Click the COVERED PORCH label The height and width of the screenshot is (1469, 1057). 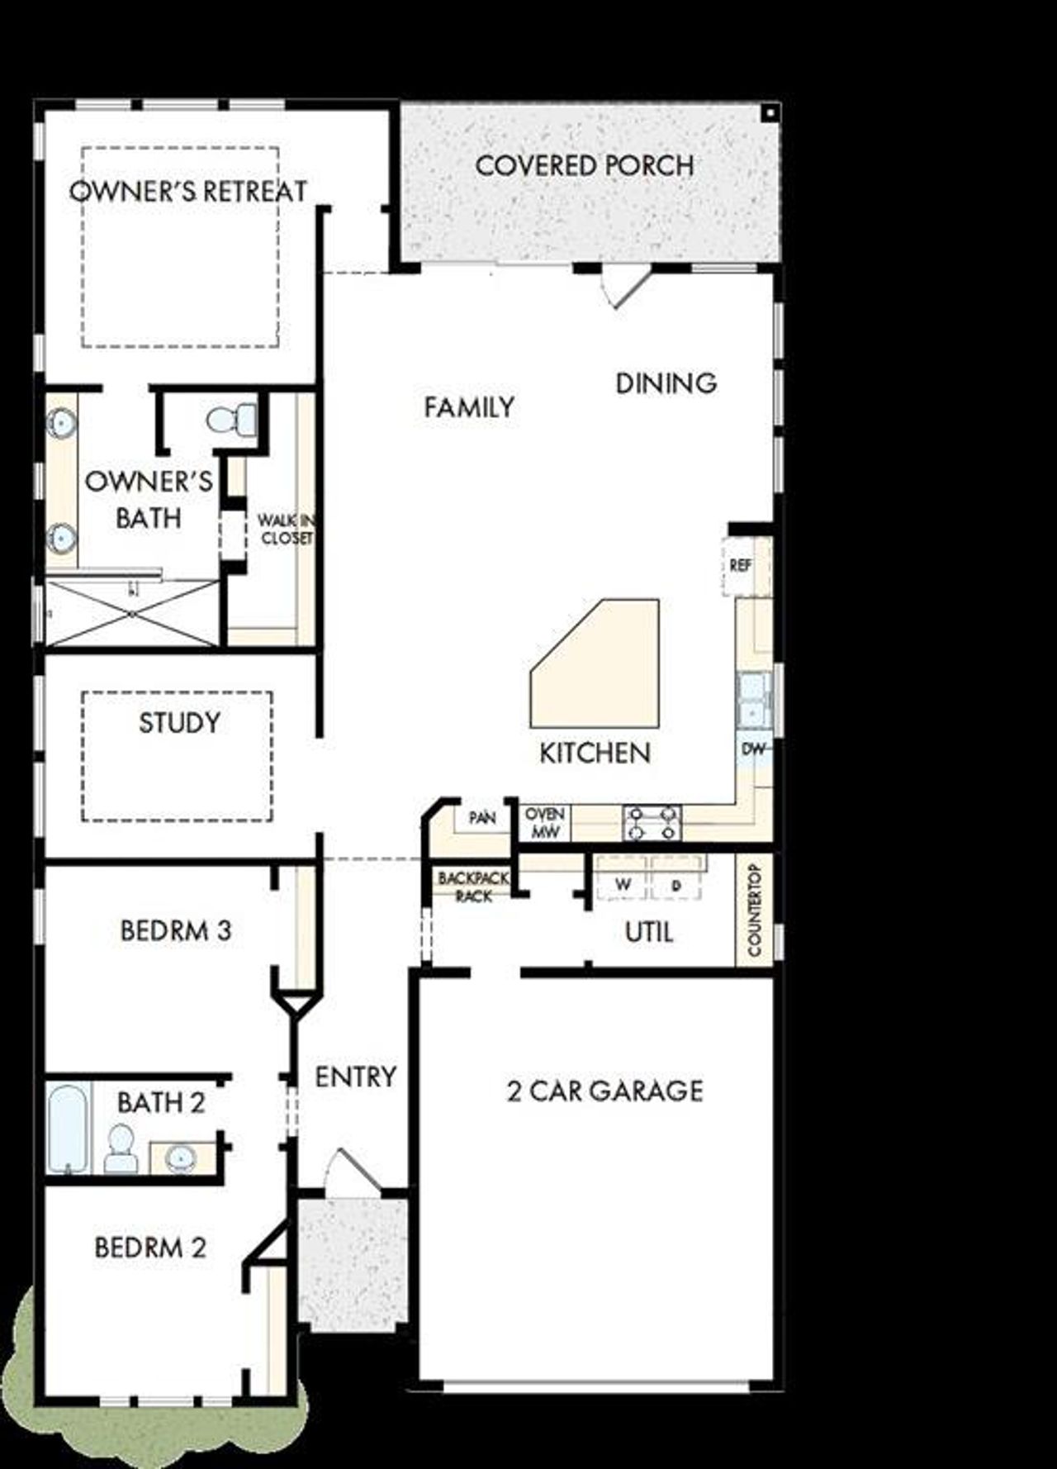pyautogui.click(x=584, y=165)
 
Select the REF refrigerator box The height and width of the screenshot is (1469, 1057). pyautogui.click(x=741, y=566)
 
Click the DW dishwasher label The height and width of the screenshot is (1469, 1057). pyautogui.click(x=753, y=749)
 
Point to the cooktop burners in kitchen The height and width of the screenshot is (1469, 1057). pyautogui.click(x=652, y=823)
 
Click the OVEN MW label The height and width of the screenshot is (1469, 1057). pyautogui.click(x=544, y=824)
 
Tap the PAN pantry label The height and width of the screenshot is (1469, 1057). pyautogui.click(x=482, y=818)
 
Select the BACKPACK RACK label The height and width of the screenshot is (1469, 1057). pyautogui.click(x=473, y=887)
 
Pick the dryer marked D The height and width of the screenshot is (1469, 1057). pyautogui.click(x=676, y=885)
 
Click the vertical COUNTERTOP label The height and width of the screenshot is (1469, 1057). pyautogui.click(x=754, y=910)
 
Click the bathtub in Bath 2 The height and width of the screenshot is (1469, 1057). pyautogui.click(x=68, y=1129)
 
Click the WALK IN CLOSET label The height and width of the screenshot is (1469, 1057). pyautogui.click(x=286, y=529)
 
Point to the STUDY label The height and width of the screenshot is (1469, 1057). pyautogui.click(x=179, y=723)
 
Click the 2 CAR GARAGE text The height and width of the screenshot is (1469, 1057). pyautogui.click(x=604, y=1091)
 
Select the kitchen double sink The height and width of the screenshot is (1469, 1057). pyautogui.click(x=753, y=699)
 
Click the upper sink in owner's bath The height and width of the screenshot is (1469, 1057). pyautogui.click(x=61, y=423)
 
